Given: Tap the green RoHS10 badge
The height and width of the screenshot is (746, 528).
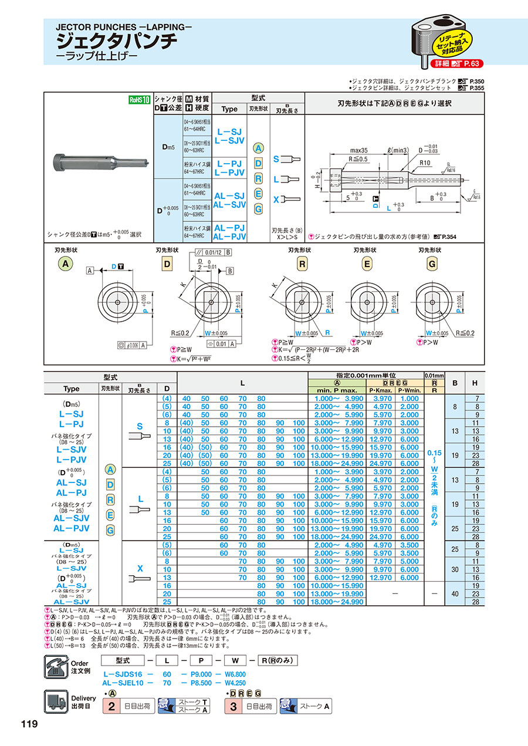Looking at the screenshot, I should tap(140, 100).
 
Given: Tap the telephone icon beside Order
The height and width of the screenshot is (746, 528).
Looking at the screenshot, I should tap(56, 666).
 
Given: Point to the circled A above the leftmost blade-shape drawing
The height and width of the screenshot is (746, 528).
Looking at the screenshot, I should tap(66, 265).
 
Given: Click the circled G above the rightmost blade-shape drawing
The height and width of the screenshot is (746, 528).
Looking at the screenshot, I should tap(432, 265).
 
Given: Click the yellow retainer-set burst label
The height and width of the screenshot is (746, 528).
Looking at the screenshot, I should tap(452, 42).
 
